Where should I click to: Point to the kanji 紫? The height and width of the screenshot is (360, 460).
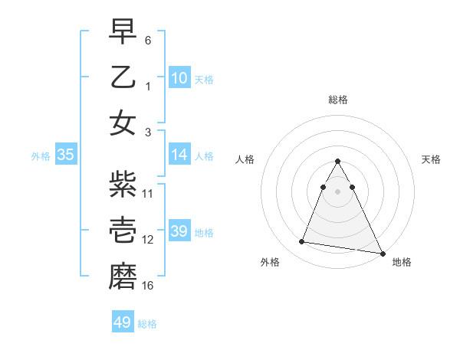[122, 184]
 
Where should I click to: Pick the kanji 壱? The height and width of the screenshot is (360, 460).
[122, 230]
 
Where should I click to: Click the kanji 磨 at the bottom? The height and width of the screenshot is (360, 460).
[122, 276]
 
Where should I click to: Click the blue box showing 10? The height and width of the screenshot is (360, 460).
[179, 77]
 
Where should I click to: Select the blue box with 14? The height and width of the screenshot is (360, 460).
[179, 155]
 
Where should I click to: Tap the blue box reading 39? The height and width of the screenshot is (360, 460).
[179, 231]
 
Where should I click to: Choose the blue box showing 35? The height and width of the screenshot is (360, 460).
[65, 155]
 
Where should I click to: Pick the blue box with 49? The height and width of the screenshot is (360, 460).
[122, 322]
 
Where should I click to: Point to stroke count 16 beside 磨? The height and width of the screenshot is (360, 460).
[148, 286]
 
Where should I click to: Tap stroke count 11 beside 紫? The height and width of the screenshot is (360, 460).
[148, 193]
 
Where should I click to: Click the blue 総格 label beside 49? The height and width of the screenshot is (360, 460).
[147, 324]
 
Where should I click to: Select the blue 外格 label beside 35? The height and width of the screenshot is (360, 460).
[41, 156]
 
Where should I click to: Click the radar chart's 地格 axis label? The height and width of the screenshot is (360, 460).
[402, 262]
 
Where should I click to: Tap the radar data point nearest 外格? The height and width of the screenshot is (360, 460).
[301, 242]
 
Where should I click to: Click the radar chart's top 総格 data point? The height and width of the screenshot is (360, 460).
[337, 162]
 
